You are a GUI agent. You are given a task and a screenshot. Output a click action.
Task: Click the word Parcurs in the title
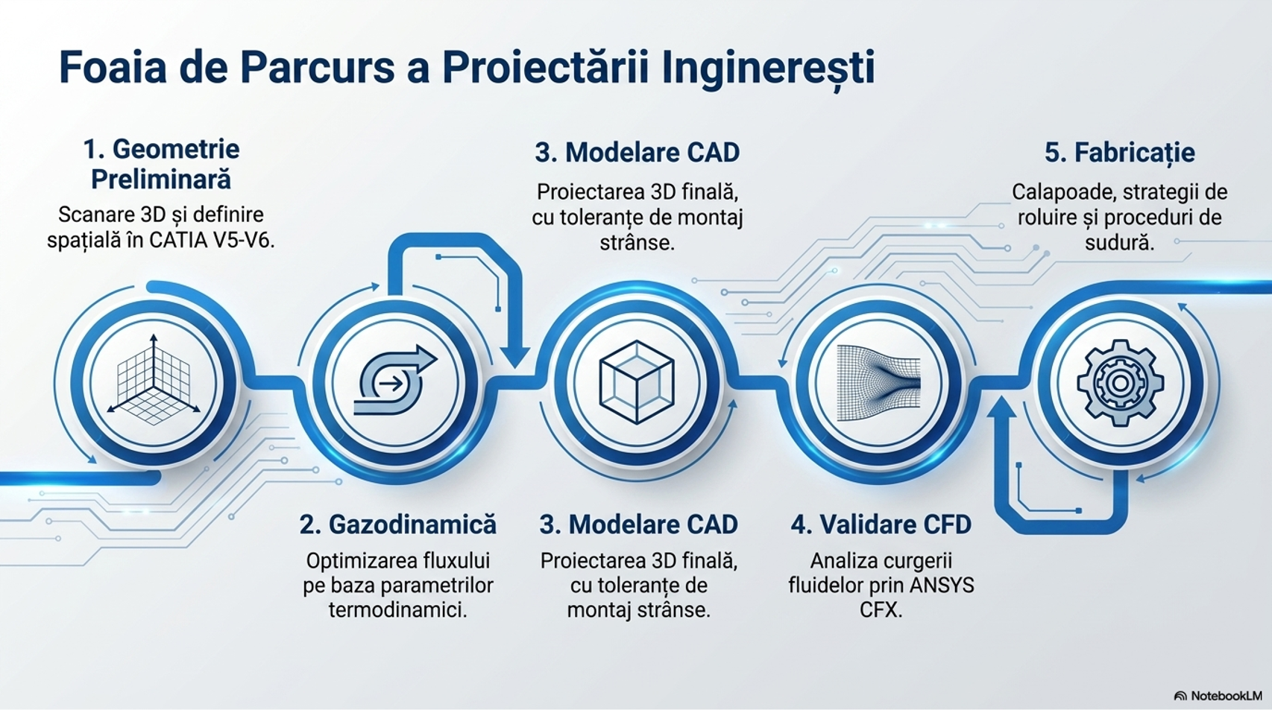coord(317,68)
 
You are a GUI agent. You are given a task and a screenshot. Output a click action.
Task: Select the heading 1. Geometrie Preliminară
coord(161,165)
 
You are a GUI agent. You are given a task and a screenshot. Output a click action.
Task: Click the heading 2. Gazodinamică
coord(397,524)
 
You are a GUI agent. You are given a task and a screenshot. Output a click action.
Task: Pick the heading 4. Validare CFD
coord(881,524)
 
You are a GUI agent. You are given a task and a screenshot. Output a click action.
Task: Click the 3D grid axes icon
coord(154,380)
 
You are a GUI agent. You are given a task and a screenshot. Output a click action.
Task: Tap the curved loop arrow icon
coord(395,380)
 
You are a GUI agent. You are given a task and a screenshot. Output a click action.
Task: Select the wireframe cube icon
coord(637,381)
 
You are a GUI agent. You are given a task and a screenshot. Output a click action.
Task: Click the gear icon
coord(1121,382)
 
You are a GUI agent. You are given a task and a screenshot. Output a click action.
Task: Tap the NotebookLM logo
coord(1218,695)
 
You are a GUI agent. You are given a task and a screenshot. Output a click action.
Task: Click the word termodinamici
coord(397,611)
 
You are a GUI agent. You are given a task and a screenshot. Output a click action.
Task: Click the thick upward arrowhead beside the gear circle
coord(1001,408)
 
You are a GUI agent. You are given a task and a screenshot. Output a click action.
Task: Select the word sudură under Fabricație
coord(1120,242)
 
